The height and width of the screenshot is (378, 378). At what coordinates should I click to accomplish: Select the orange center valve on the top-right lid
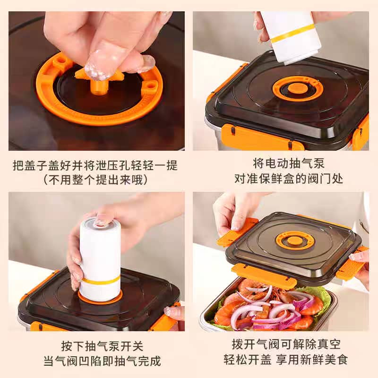coord(294,88)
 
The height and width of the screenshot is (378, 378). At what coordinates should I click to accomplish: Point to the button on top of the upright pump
coord(101,223)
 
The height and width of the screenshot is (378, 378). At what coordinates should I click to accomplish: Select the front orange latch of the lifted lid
coord(264,275)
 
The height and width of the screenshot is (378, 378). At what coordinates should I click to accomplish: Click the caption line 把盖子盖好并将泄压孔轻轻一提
coord(95,166)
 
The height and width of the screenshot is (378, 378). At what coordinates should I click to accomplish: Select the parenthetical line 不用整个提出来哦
coord(95,180)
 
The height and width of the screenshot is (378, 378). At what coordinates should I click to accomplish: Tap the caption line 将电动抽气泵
coord(289,163)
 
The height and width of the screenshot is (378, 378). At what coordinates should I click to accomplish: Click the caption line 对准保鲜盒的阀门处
coord(289,179)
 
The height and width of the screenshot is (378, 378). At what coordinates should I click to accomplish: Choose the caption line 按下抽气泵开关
coord(102,346)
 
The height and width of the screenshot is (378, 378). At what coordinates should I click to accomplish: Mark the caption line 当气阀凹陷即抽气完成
coord(102,361)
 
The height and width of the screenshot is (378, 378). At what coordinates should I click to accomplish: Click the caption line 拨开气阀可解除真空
coord(286,344)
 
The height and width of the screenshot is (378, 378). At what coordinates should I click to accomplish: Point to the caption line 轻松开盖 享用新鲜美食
coord(285,360)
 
